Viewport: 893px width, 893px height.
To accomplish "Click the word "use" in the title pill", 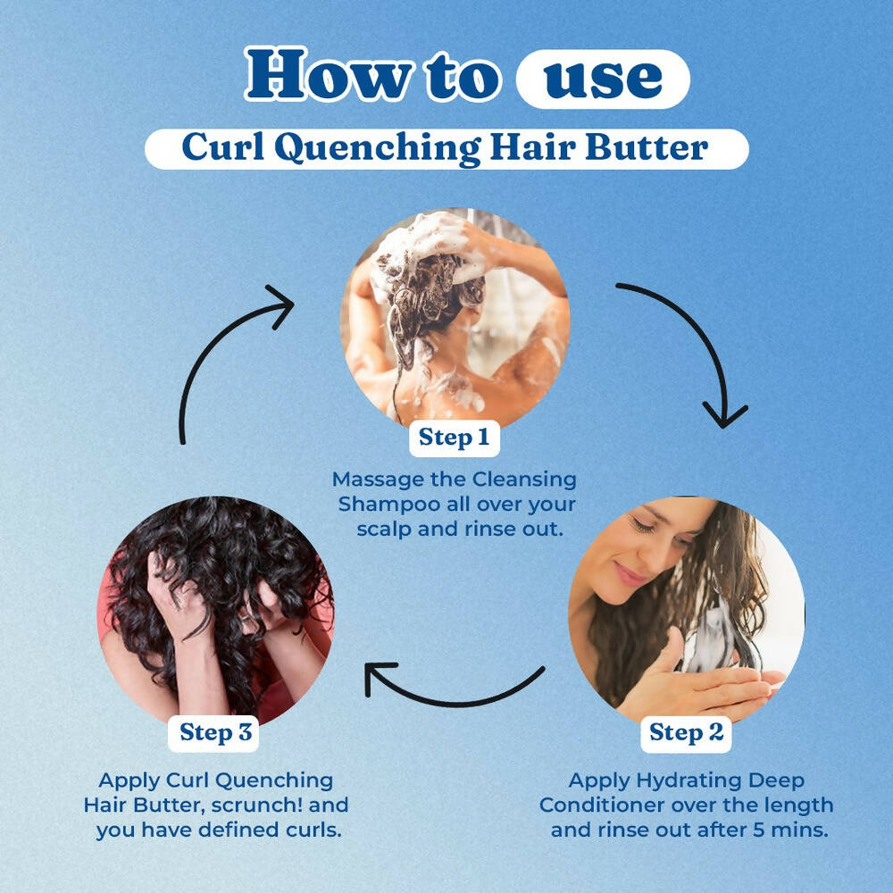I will point(603,79).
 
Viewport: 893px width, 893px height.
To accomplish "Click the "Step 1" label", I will point(454,438).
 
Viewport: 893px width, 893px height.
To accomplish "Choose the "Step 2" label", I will point(686,733).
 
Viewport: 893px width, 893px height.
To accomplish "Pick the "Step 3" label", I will point(216,732).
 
